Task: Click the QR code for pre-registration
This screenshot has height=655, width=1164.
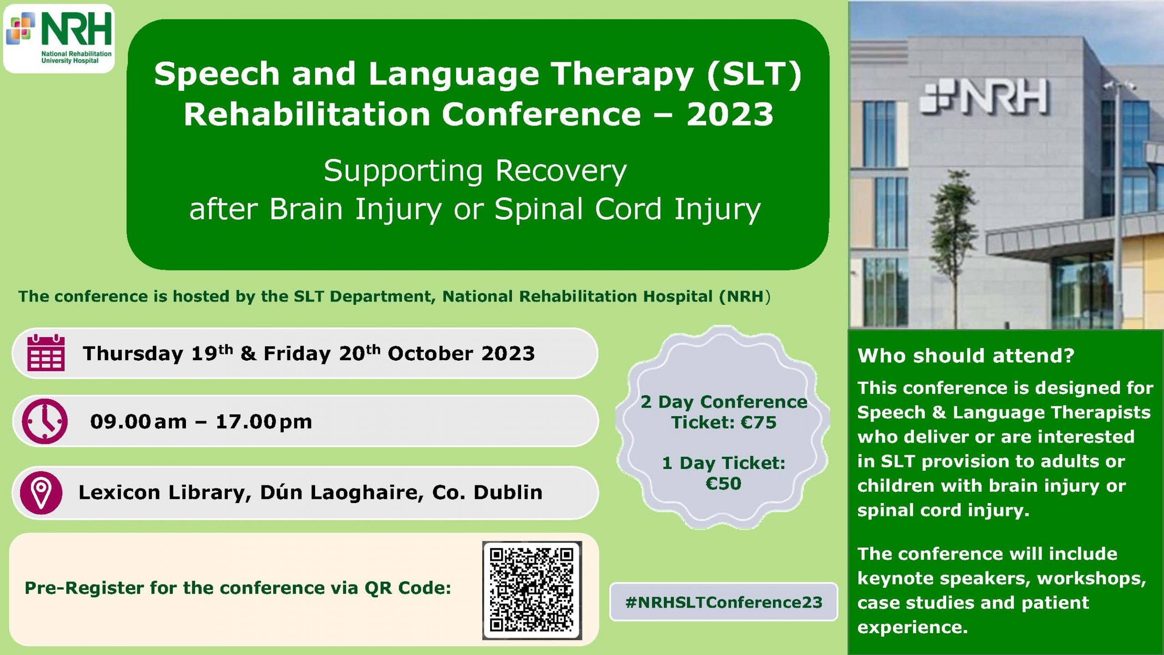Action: click(532, 590)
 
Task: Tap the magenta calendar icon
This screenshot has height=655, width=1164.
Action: click(46, 353)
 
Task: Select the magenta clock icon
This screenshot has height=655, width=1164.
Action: click(45, 421)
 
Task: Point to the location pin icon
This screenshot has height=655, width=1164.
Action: click(41, 493)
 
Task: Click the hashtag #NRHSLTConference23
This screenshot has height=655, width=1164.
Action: click(724, 602)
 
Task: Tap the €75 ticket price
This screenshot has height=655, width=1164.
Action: click(759, 423)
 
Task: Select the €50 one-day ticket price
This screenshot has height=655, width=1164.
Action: click(723, 484)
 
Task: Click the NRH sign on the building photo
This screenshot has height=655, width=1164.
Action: click(984, 97)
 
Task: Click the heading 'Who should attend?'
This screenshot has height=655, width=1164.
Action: click(966, 355)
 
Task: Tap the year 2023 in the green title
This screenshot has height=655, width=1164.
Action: click(730, 114)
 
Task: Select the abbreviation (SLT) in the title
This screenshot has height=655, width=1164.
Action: click(754, 74)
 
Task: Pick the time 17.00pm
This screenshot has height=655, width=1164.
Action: click(264, 422)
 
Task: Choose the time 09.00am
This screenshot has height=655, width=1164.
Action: click(138, 422)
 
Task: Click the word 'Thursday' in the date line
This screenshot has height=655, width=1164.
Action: click(133, 354)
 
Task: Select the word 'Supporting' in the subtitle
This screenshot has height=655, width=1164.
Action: click(403, 172)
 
